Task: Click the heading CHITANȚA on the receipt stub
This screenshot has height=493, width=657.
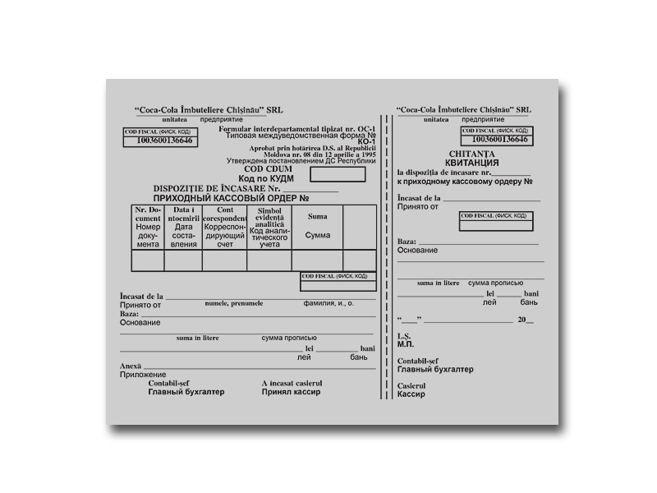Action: pyautogui.click(x=469, y=154)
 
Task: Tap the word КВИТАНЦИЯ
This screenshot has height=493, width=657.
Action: pyautogui.click(x=469, y=163)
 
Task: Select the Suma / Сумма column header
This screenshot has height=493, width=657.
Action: pyautogui.click(x=317, y=226)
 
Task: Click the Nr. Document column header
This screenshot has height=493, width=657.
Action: pyautogui.click(x=148, y=227)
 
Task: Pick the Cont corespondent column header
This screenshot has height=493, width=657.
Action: pyautogui.click(x=225, y=227)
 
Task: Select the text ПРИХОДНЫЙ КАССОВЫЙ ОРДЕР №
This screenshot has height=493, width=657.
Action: pyautogui.click(x=231, y=198)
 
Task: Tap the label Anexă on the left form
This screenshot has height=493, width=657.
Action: pyautogui.click(x=131, y=366)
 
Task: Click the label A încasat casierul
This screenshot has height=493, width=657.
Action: pyautogui.click(x=292, y=383)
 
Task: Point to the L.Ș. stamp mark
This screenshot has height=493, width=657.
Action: pyautogui.click(x=403, y=335)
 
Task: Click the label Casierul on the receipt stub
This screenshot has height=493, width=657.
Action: pyautogui.click(x=411, y=385)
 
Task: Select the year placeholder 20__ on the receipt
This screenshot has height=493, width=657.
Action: pyautogui.click(x=526, y=319)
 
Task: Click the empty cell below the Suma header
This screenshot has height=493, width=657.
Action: pyautogui.click(x=317, y=260)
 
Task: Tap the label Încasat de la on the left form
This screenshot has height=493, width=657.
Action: pyautogui.click(x=141, y=296)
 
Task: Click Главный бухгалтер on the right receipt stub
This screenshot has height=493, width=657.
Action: pyautogui.click(x=434, y=370)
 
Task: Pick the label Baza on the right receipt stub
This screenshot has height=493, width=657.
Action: pyautogui.click(x=406, y=242)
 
